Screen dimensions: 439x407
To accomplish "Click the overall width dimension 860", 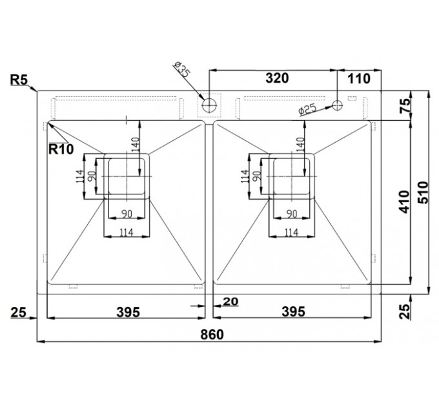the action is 212,334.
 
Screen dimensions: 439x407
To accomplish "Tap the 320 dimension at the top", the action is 277,78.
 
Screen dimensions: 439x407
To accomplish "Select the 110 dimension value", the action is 359,79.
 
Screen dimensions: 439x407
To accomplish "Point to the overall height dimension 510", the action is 423,193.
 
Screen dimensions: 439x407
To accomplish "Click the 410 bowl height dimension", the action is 404,202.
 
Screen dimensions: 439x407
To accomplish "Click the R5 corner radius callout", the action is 19,79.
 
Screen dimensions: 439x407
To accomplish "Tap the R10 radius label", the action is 61,149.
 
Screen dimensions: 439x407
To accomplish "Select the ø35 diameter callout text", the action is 181,70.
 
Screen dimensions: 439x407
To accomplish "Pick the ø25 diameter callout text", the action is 307,109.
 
